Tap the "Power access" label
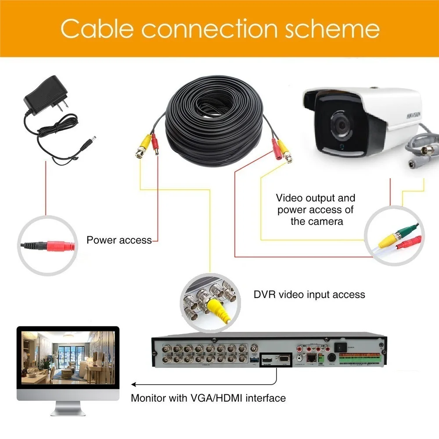point(119,240)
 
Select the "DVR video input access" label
point(309,294)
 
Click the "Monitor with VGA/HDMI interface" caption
point(208,398)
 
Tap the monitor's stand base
point(68,412)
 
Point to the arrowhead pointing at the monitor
point(134,385)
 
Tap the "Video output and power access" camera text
point(316,209)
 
